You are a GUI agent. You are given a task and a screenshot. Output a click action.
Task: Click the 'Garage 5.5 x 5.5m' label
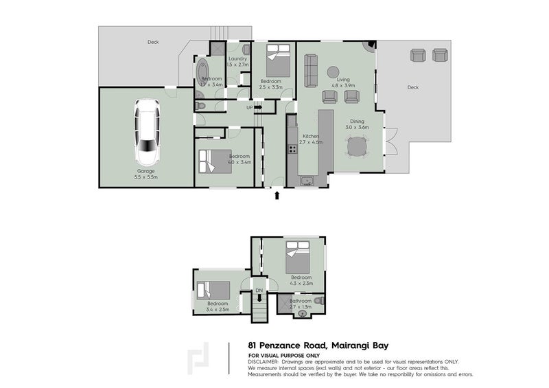point(146,174)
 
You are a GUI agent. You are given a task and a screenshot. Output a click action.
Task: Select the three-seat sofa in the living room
point(310,68)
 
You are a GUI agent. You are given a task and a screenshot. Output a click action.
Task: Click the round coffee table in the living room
point(333,71)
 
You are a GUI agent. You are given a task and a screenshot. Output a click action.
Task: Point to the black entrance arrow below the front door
point(277,196)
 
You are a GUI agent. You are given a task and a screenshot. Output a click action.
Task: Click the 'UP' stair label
point(250,107)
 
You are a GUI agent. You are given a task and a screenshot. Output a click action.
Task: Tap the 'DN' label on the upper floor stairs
point(259,290)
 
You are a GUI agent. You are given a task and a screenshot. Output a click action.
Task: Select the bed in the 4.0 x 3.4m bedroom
point(209,162)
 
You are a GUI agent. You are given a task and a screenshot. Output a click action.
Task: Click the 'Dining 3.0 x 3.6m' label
point(356,124)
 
